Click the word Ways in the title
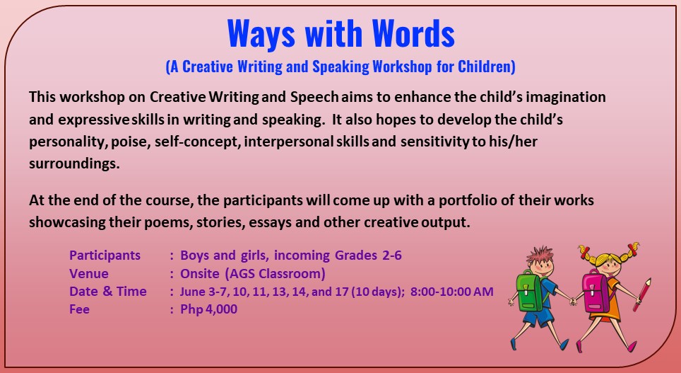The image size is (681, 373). [x=261, y=33]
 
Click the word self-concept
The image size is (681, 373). [x=197, y=142]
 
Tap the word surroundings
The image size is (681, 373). [x=74, y=164]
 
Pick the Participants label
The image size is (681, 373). [x=105, y=255]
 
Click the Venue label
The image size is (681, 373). [x=89, y=274]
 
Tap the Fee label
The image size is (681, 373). [x=80, y=309]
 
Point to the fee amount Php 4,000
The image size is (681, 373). [x=209, y=309]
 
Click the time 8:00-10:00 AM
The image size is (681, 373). [x=451, y=291]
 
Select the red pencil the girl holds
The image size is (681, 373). [x=642, y=294]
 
